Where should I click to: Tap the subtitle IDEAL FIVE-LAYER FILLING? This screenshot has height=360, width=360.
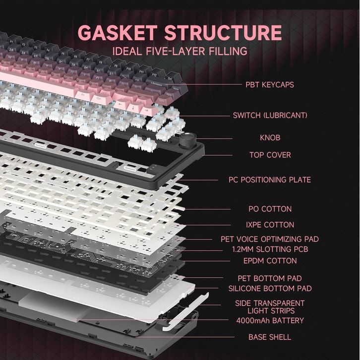(180, 51)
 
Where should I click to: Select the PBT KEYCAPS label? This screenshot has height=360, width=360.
(270, 85)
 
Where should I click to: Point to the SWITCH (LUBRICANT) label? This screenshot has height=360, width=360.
(270, 116)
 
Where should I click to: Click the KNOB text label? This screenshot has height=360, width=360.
(270, 137)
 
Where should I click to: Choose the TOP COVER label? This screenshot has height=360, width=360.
(270, 155)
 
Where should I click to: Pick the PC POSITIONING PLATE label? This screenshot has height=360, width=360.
(270, 180)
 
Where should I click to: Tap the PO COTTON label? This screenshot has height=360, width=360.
(270, 209)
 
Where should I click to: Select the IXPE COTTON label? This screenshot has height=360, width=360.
(270, 225)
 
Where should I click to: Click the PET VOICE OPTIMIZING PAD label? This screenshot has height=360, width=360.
(270, 239)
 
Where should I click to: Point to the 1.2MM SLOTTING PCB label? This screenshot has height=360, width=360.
(270, 249)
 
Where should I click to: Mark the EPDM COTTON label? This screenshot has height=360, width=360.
(270, 261)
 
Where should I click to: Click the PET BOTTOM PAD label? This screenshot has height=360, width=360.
(270, 278)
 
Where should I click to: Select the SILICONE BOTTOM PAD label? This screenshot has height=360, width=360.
(270, 288)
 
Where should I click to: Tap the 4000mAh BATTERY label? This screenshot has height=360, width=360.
(270, 320)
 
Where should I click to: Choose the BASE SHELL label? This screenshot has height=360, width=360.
(270, 337)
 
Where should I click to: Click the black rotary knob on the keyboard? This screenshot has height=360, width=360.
(187, 140)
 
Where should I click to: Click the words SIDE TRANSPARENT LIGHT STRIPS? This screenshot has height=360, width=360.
(270, 306)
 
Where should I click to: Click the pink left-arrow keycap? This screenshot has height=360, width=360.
(121, 105)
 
